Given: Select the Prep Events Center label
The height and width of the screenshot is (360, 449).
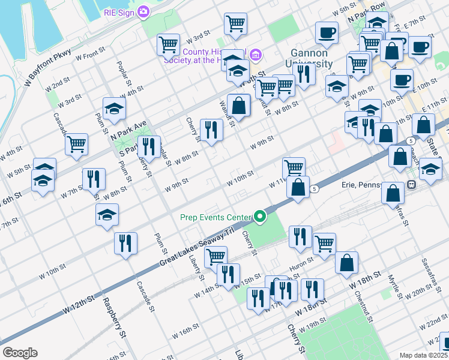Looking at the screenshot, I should (215, 217).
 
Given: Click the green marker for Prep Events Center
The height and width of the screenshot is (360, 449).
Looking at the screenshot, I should (260, 217).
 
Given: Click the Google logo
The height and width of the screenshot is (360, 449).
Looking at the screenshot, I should (20, 352).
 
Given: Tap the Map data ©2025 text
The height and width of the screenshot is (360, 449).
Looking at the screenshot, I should (423, 355).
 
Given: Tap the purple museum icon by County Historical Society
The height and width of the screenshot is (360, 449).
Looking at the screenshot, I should (256, 56).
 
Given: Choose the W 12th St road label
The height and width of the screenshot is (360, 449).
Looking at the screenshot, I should (79, 303).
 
